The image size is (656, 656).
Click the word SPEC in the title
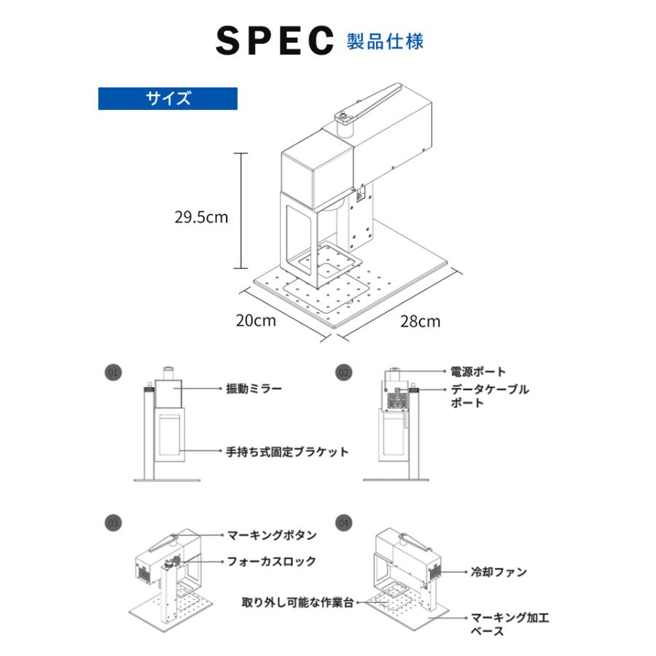pos(273,42)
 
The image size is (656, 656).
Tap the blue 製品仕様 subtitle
pos(385,40)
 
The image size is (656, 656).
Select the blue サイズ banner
pos(168,98)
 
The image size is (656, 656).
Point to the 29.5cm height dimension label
pos(200,216)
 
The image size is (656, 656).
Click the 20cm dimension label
pos(255,320)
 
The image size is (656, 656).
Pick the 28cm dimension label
pos(420,321)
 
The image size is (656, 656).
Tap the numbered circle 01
pos(112,372)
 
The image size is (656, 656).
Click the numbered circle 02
pos(343,372)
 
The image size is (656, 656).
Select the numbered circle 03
pos(112,523)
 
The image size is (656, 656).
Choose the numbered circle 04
pos(343,523)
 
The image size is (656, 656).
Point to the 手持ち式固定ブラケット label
pos(287,452)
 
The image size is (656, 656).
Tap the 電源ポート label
pos(477,372)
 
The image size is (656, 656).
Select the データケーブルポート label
pos(489,396)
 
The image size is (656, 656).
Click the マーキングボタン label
pos(272,535)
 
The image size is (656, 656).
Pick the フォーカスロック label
pos(271,561)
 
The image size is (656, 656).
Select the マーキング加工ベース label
pos(509,625)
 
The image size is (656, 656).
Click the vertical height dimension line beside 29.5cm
pos(243,211)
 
